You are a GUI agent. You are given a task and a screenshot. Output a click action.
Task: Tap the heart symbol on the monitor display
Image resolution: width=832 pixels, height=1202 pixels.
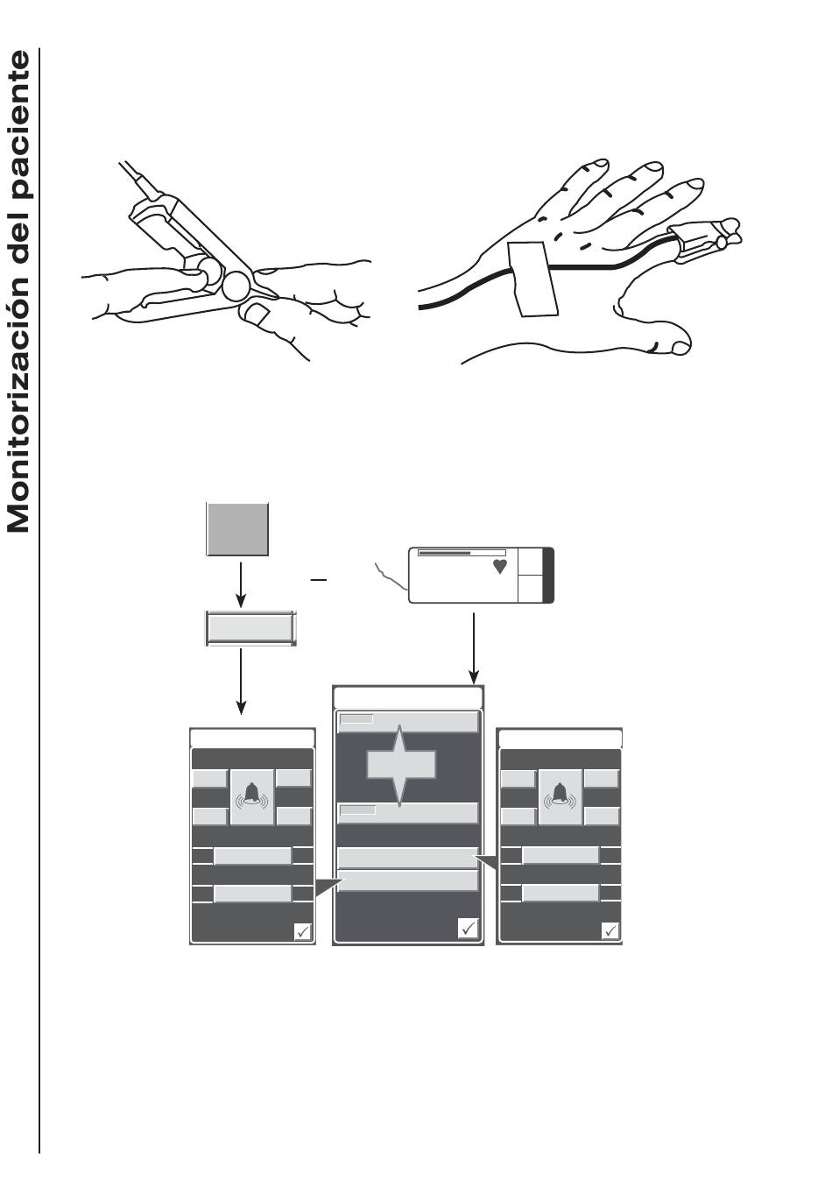(x=499, y=567)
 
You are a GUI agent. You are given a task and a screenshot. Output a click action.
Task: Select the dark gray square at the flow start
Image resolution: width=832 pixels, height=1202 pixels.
(x=237, y=528)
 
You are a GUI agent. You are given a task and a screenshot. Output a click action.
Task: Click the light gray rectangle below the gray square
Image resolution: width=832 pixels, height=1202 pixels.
(x=250, y=628)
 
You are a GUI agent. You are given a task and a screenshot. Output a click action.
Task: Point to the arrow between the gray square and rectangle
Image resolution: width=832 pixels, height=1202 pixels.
(x=241, y=584)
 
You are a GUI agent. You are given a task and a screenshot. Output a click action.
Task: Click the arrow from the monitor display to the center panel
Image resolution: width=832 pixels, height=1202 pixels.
(x=474, y=649)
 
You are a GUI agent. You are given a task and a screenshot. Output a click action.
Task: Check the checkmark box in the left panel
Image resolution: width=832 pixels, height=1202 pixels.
(x=303, y=931)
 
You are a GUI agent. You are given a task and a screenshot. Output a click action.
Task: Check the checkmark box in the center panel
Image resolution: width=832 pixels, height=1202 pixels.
(x=468, y=928)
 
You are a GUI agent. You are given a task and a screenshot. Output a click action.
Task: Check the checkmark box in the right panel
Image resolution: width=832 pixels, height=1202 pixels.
(x=610, y=930)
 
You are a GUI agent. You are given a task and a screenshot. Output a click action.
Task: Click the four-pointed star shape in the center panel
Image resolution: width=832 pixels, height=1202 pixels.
(x=401, y=765)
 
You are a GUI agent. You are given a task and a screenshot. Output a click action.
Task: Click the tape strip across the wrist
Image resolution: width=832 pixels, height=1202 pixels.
(x=532, y=279)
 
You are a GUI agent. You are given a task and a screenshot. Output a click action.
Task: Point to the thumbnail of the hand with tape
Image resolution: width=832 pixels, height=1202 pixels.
(x=680, y=349)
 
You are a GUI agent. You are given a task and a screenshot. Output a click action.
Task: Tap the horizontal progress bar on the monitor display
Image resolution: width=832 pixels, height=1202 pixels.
(x=462, y=553)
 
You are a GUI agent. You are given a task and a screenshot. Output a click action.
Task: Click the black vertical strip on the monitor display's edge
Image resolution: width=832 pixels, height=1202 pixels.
(x=548, y=576)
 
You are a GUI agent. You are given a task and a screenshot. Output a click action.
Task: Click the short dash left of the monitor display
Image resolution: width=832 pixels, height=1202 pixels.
(x=319, y=580)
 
